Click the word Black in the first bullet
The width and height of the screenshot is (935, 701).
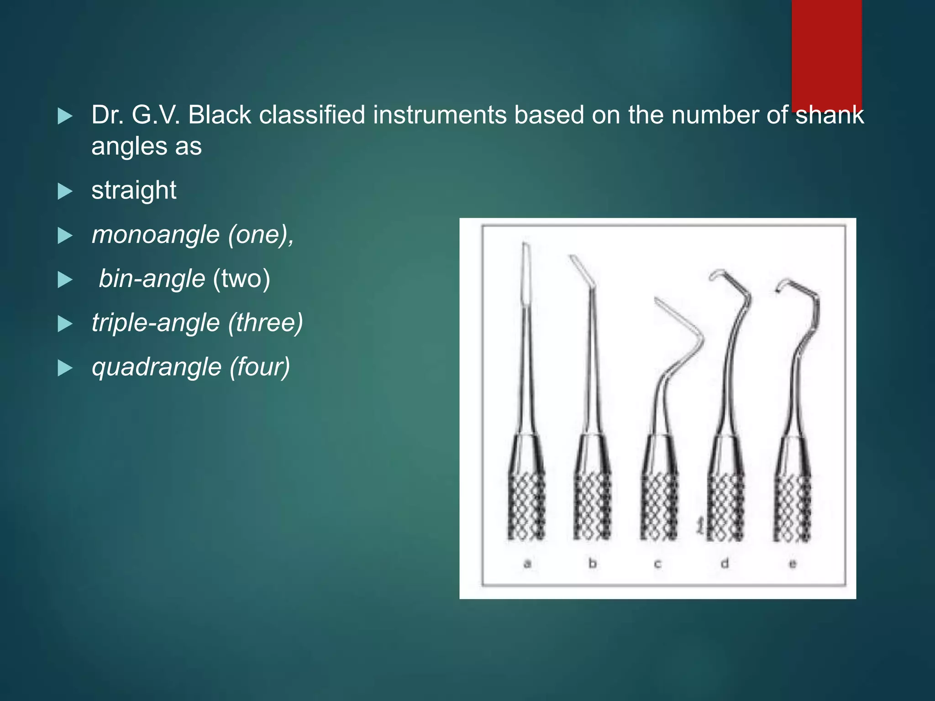[219, 115]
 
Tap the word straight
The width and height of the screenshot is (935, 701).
[134, 190]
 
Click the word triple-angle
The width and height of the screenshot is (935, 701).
[156, 323]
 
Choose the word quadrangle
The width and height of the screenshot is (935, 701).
[157, 367]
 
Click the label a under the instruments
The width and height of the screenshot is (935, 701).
[527, 564]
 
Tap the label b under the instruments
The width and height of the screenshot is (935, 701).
[593, 564]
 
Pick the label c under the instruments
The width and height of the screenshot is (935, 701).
[658, 564]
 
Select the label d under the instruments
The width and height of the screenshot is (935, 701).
[725, 564]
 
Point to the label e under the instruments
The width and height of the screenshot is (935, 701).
[793, 564]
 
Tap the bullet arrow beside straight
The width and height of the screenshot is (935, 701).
[65, 192]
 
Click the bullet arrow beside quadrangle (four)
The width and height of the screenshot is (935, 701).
[65, 368]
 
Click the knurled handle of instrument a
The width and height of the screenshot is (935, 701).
[526, 507]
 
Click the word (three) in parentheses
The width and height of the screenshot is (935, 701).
[265, 323]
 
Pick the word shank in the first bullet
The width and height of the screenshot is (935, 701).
[830, 115]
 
